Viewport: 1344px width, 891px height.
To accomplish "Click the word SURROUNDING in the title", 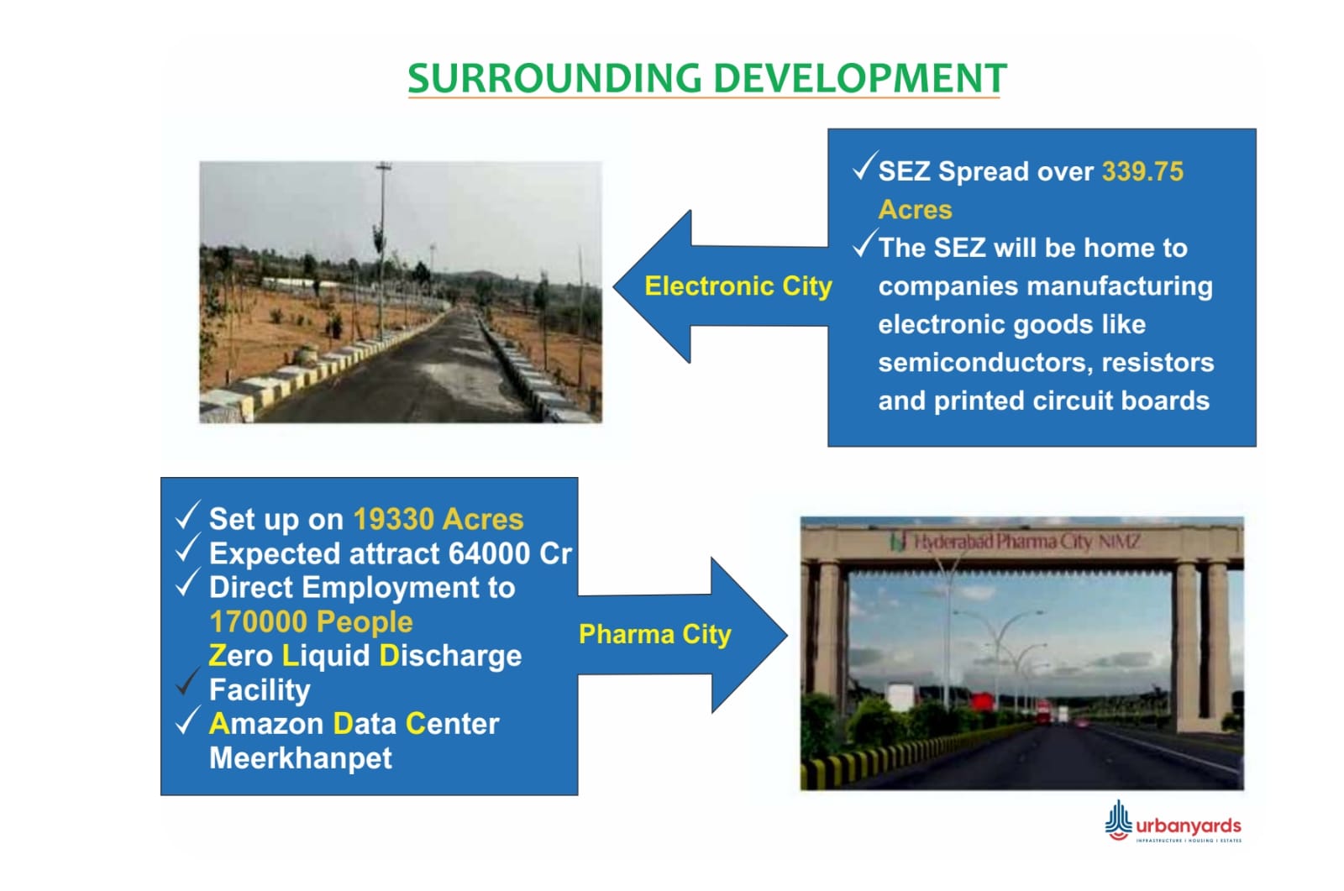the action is click(554, 79).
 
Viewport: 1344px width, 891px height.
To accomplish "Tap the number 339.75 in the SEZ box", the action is click(1142, 171).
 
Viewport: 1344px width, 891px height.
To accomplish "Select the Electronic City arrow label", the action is click(738, 286).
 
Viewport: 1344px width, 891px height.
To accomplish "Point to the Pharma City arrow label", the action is click(655, 634).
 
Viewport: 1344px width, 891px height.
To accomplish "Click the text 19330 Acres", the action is click(438, 519).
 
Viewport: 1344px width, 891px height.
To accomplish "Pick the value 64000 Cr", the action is click(510, 553).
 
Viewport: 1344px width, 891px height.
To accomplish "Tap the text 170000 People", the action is click(311, 621).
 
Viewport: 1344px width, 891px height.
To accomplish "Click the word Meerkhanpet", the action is click(300, 758).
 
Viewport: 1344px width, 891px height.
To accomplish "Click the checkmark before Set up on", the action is click(187, 516).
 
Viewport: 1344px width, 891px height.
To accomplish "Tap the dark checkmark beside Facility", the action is click(187, 682).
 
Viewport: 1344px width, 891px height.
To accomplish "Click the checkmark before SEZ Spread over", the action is click(864, 165).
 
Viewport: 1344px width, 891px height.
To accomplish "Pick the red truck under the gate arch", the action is click(1043, 712).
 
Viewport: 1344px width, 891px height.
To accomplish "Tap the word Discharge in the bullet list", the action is click(450, 656).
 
